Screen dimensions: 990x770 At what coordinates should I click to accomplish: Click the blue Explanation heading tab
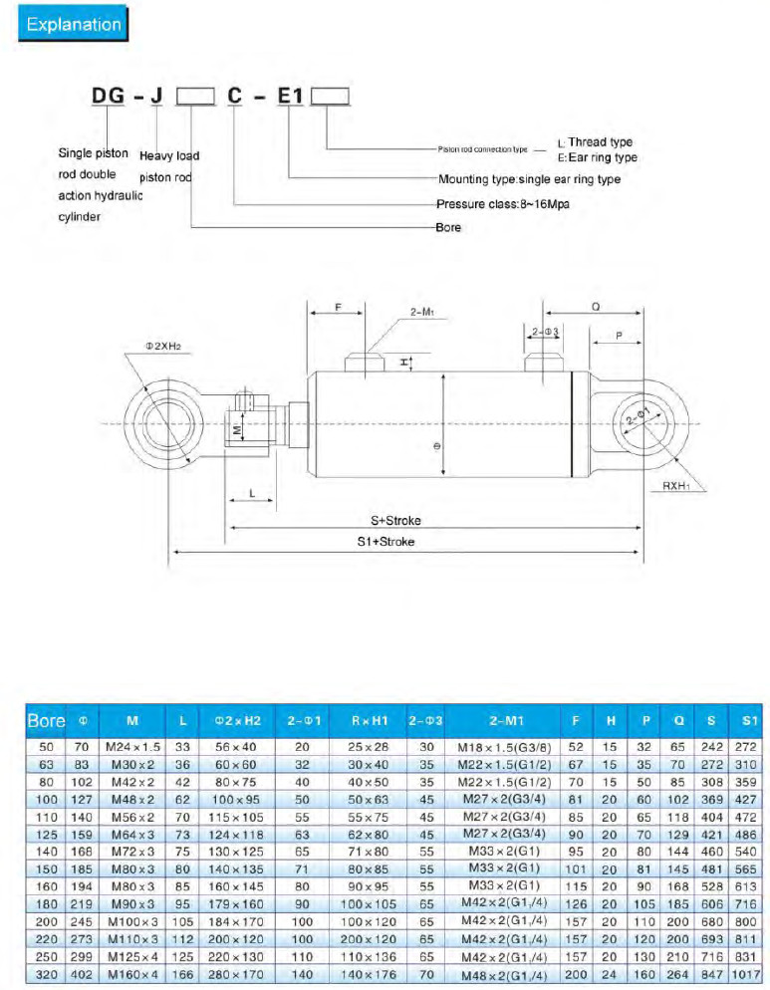coord(74,25)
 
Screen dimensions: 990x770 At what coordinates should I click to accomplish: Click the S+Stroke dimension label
coord(389,519)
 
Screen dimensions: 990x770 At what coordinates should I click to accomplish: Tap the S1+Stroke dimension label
coord(386,542)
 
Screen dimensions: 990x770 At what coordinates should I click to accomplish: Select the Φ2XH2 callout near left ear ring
coord(167,346)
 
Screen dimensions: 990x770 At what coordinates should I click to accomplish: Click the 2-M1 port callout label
coord(424,312)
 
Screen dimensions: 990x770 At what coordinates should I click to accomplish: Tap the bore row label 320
coord(46,974)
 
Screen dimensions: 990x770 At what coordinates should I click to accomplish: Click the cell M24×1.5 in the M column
coord(132,745)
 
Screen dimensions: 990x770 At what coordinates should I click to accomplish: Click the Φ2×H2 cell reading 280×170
coord(237,974)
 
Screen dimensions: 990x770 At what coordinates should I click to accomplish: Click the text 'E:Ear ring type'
coord(597,157)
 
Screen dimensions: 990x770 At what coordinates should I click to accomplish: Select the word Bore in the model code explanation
coord(448,228)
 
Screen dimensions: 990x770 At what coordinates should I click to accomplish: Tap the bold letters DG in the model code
coord(109,98)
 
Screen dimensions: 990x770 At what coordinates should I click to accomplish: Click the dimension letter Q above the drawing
coord(595,309)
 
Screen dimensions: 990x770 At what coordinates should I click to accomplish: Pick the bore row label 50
coord(46,745)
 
